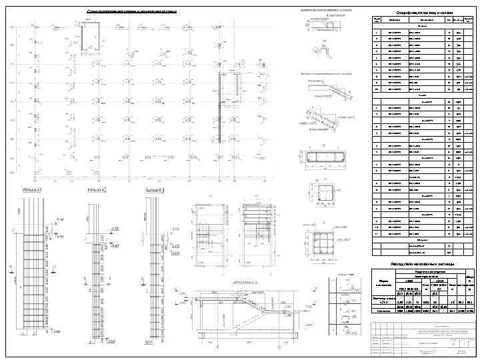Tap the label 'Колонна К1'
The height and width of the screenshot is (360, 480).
tap(33, 190)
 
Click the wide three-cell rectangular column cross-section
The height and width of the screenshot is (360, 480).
tap(325, 158)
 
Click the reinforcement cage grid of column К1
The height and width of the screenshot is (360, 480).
tap(34, 280)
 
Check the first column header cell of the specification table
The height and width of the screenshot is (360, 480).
tap(377, 22)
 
